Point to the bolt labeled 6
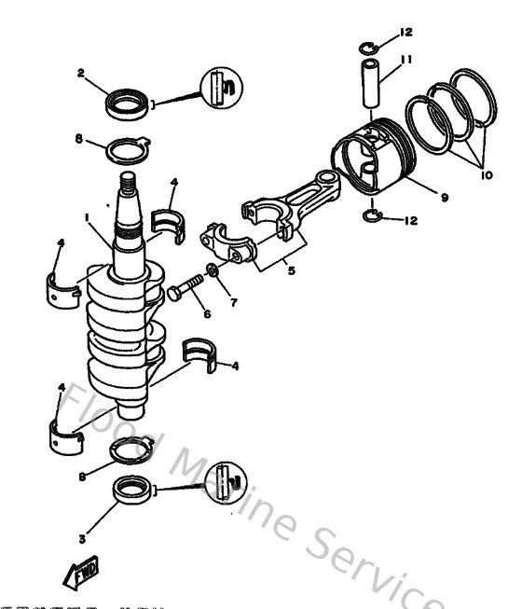[x=186, y=286]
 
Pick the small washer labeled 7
[x=213, y=270]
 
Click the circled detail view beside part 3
[x=227, y=482]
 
